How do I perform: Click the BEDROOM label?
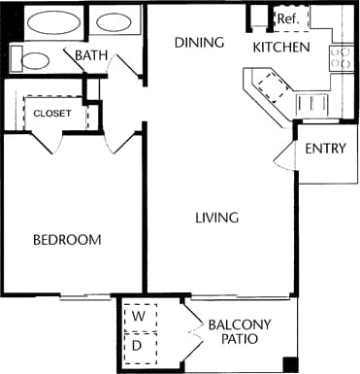pos(67,240)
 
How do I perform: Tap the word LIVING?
pos(215,218)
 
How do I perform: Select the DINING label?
pos(200,43)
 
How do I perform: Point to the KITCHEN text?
pos(280,47)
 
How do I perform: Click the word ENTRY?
pos(326,149)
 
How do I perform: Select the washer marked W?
pos(139,316)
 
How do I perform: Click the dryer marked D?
pos(139,344)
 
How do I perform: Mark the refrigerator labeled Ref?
pos(287,18)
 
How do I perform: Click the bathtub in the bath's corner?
pos(52,21)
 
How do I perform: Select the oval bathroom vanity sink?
pos(115,21)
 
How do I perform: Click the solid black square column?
pos(290,364)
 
